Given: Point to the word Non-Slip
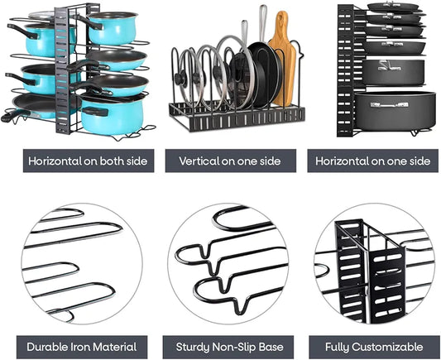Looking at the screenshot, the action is click(234, 347).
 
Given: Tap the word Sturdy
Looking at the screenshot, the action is click(193, 347).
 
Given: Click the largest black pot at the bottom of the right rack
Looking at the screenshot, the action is click(395, 111).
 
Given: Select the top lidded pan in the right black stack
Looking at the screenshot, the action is click(395, 7).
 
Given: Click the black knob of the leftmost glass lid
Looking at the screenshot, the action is click(180, 77).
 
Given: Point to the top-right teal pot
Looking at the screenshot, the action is click(113, 28).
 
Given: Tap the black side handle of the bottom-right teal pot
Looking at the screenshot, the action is click(95, 111).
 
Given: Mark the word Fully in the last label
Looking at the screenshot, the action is click(337, 347).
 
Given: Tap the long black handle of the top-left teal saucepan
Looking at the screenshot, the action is click(22, 31).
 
